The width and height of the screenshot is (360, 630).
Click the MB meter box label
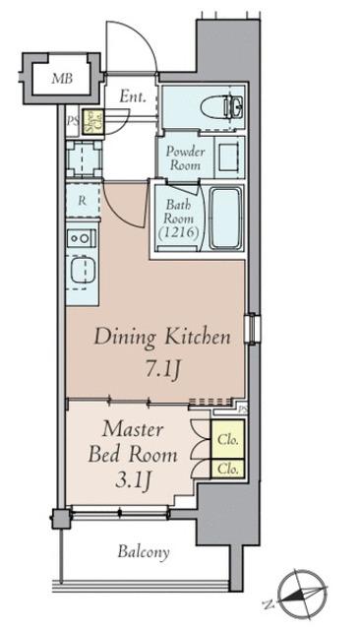pyautogui.click(x=62, y=78)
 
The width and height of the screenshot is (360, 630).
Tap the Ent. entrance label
pyautogui.click(x=133, y=96)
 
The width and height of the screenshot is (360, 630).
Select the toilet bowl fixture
pyautogui.click(x=215, y=107)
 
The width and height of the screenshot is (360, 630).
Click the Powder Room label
pyautogui.click(x=186, y=157)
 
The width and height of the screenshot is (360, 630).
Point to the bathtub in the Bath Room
pyautogui.click(x=226, y=219)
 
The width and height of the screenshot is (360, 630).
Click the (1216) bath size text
pyautogui.click(x=179, y=232)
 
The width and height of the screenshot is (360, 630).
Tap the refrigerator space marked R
pyautogui.click(x=83, y=201)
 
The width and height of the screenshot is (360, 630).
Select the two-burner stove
pyautogui.click(x=82, y=238)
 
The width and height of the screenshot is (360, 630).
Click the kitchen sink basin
pyautogui.click(x=83, y=271)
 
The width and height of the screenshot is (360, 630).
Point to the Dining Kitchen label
pyautogui.click(x=162, y=337)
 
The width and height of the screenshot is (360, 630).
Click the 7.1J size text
pyautogui.click(x=161, y=368)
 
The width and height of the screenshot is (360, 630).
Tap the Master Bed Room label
pyautogui.click(x=133, y=442)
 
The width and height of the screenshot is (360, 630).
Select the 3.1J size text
pyautogui.click(x=133, y=479)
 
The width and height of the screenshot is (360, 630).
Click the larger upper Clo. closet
pyautogui.click(x=227, y=439)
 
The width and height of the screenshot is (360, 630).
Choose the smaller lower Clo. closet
pyautogui.click(x=227, y=469)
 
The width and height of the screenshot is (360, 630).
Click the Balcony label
pyautogui.click(x=144, y=552)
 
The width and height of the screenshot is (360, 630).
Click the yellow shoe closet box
pyautogui.click(x=92, y=121)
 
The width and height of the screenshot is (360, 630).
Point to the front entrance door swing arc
pyautogui.click(x=140, y=38)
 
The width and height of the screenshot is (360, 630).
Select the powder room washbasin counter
pyautogui.click(x=229, y=157)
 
